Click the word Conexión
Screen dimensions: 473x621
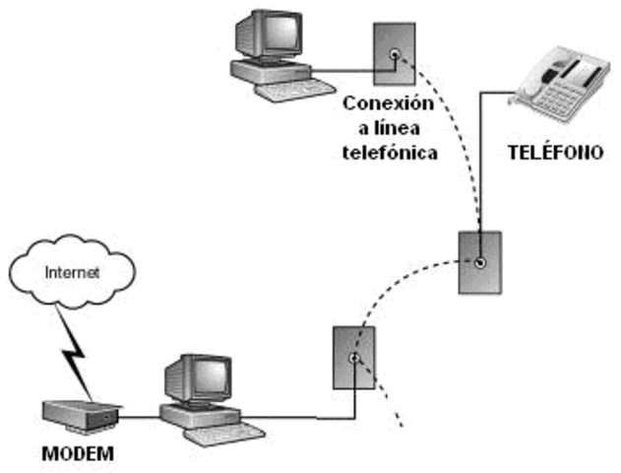[x=390, y=102]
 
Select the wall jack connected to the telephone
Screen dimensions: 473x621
[x=479, y=262]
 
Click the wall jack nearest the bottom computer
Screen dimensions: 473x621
[x=352, y=356]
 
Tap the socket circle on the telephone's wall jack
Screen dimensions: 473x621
[x=479, y=262]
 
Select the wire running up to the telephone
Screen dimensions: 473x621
[x=480, y=168]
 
